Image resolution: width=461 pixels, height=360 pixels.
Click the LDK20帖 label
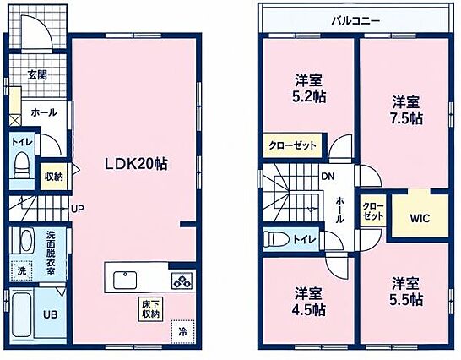click(137, 164)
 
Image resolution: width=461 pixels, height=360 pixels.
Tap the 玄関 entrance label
click(37, 74)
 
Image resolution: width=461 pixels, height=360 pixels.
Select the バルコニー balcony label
click(356, 21)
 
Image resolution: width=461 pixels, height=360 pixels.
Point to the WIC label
click(420, 218)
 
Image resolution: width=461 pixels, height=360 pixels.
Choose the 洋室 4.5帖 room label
click(308, 301)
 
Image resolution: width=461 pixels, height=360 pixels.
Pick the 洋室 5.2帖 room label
click(308, 88)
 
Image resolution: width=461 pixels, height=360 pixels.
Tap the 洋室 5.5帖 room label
click(406, 292)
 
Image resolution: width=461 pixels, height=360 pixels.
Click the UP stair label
click(78, 209)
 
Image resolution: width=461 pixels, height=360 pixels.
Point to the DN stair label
click(328, 177)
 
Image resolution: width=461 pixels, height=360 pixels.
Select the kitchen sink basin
click(125, 280)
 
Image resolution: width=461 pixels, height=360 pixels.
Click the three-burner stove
click(182, 281)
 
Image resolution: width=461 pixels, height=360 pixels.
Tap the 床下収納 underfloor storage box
click(151, 309)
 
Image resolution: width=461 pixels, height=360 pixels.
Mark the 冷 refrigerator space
click(182, 332)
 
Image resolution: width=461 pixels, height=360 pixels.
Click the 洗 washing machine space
click(21, 270)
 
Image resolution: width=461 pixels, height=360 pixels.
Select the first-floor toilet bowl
click(21, 166)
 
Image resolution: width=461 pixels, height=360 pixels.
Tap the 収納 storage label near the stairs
click(54, 177)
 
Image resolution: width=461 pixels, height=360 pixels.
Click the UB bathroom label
click(51, 314)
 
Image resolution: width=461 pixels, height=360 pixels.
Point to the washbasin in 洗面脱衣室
click(25, 241)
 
